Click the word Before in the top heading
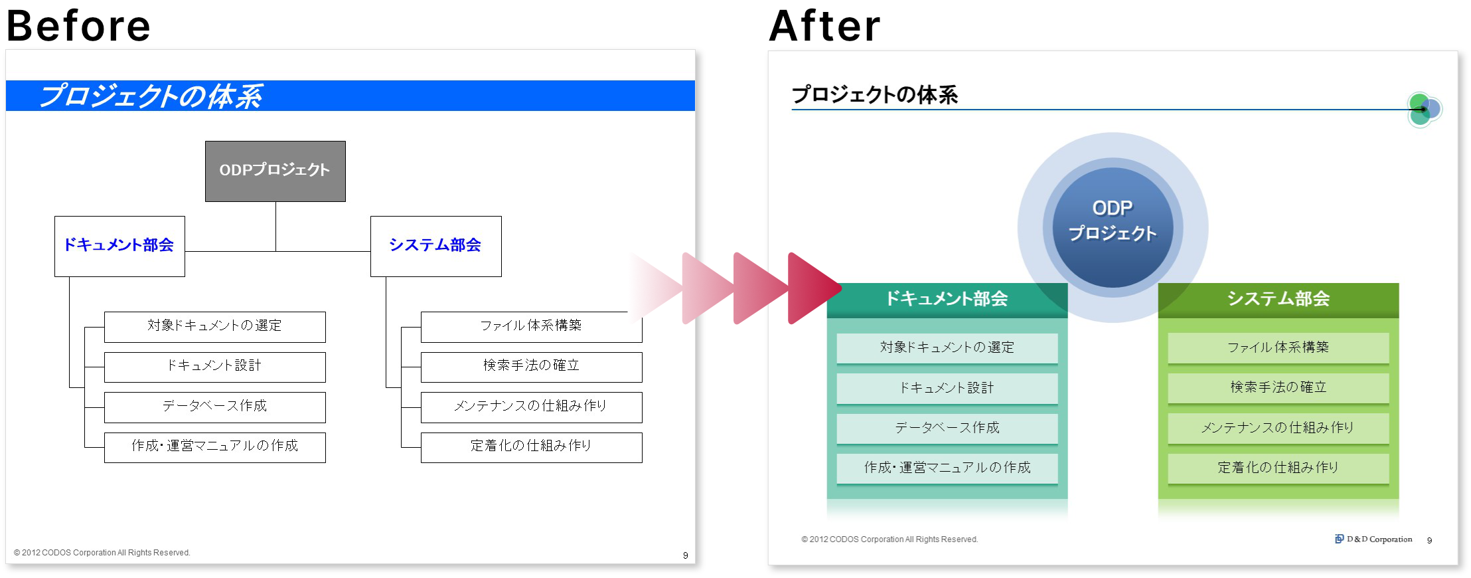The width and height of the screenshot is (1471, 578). click(x=78, y=25)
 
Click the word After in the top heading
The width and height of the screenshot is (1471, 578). click(x=824, y=26)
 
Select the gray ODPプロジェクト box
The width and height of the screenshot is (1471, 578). click(x=275, y=171)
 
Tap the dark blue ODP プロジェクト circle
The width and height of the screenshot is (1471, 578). click(x=1113, y=227)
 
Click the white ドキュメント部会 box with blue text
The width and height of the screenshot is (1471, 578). click(x=119, y=246)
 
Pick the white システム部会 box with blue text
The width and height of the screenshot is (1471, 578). click(x=435, y=246)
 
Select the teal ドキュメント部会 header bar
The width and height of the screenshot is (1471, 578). click(x=947, y=300)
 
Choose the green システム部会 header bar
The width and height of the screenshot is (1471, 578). click(x=1278, y=300)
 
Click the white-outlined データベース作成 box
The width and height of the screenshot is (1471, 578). click(x=215, y=407)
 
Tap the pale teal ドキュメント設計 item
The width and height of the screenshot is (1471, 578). click(x=947, y=388)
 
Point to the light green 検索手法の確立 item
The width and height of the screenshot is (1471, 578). click(x=1278, y=387)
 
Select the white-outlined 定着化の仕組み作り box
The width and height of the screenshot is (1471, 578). click(x=531, y=447)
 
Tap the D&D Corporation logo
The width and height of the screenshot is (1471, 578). click(x=1373, y=539)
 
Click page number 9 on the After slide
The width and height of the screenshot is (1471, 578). click(x=1429, y=540)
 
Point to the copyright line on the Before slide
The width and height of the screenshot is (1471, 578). click(x=102, y=553)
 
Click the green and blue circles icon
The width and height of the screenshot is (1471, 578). click(x=1425, y=110)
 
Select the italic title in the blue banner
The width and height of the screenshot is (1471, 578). click(x=151, y=96)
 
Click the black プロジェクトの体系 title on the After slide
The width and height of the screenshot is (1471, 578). click(x=875, y=95)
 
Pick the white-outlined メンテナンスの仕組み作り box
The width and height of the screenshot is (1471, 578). click(x=531, y=407)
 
